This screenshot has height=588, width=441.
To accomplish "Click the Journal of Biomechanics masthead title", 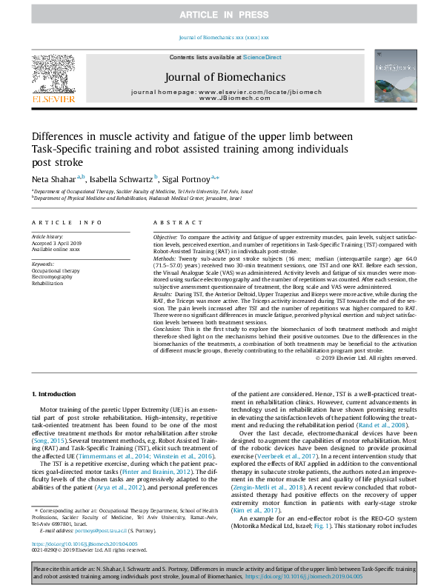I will (x=224, y=76).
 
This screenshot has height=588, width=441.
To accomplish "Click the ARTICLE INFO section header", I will (x=66, y=223).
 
